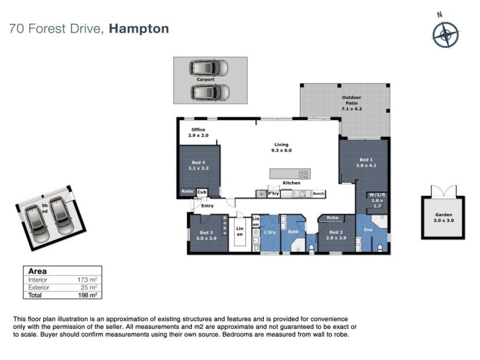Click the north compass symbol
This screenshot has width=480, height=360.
[x=445, y=34]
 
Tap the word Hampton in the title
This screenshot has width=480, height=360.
[x=139, y=28]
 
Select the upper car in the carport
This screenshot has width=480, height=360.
[x=206, y=68]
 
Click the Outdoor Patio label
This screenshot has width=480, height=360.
[x=352, y=103]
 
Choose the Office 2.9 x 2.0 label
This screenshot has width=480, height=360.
[x=198, y=133]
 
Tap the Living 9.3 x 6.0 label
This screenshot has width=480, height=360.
[x=281, y=148]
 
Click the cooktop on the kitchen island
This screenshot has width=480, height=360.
[x=304, y=175]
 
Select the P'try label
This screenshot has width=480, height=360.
[x=274, y=194]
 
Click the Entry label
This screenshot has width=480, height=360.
[x=207, y=206]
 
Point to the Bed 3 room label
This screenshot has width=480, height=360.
[x=206, y=235]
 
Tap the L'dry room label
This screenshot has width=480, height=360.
[x=269, y=232]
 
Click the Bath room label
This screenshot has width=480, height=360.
[x=293, y=232]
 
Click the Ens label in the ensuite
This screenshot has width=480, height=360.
[x=368, y=229]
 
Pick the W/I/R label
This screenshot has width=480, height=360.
[x=377, y=194]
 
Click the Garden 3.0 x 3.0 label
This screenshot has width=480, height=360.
[x=443, y=217]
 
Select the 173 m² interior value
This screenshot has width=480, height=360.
[x=88, y=280]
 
